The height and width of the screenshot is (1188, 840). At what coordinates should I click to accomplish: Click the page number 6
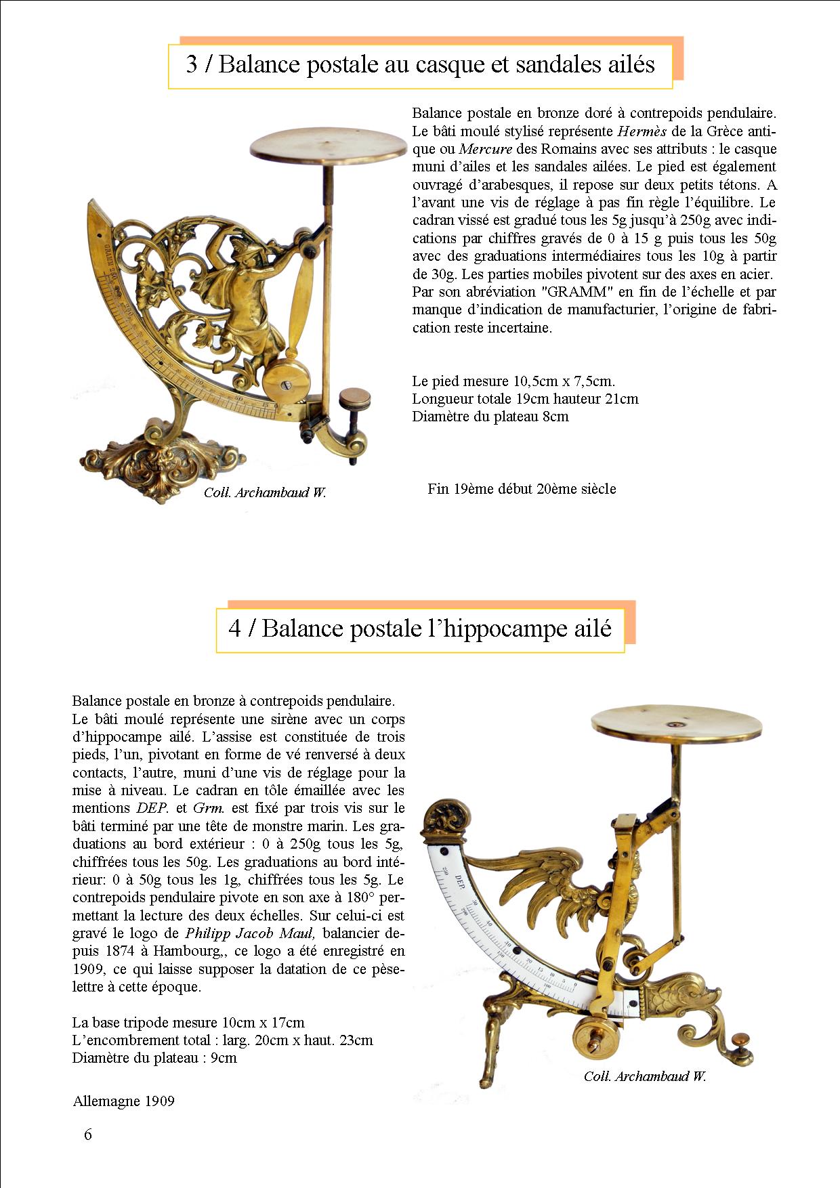87,1134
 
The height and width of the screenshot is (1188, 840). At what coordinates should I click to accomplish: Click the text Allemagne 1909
123,1101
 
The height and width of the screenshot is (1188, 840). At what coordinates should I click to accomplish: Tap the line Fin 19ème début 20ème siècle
522,488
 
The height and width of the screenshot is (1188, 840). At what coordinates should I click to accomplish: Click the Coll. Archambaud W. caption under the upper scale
265,493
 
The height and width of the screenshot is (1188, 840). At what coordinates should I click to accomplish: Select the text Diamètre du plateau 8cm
490,417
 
